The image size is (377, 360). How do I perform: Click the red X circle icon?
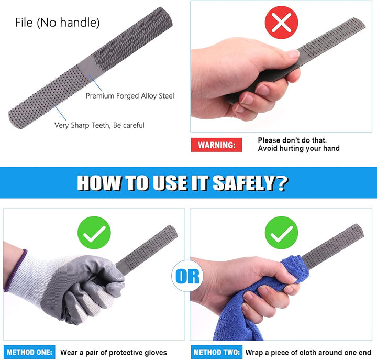point(281,23)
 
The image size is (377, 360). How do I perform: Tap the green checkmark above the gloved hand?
point(94,233)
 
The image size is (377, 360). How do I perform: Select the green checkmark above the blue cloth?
point(281,233)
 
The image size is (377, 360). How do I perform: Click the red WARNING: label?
point(216,145)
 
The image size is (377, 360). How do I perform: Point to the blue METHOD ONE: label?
point(29,352)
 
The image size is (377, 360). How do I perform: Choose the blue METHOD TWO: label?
point(217,352)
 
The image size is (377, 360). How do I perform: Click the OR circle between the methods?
point(187,276)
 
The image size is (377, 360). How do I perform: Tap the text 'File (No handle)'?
point(57,23)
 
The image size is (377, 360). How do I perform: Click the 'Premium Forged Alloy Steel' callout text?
point(130,96)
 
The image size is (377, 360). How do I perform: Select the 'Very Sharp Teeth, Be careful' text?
point(99,125)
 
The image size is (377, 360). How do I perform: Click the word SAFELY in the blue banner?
point(244,183)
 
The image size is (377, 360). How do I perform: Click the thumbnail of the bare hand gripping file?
point(281,67)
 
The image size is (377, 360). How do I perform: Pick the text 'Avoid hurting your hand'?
point(298,148)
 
